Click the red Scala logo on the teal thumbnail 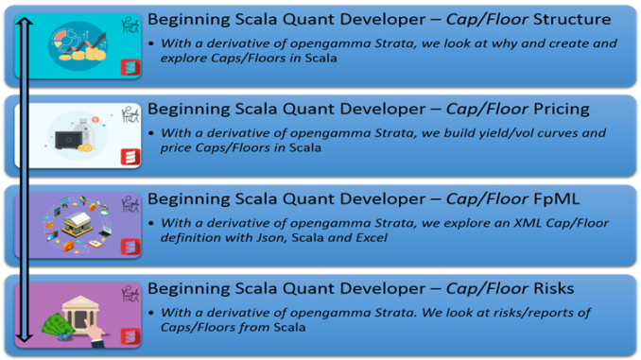pos(130,67)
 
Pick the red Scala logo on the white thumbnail pos(130,157)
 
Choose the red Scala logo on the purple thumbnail pos(130,247)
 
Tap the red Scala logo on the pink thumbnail pos(130,335)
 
